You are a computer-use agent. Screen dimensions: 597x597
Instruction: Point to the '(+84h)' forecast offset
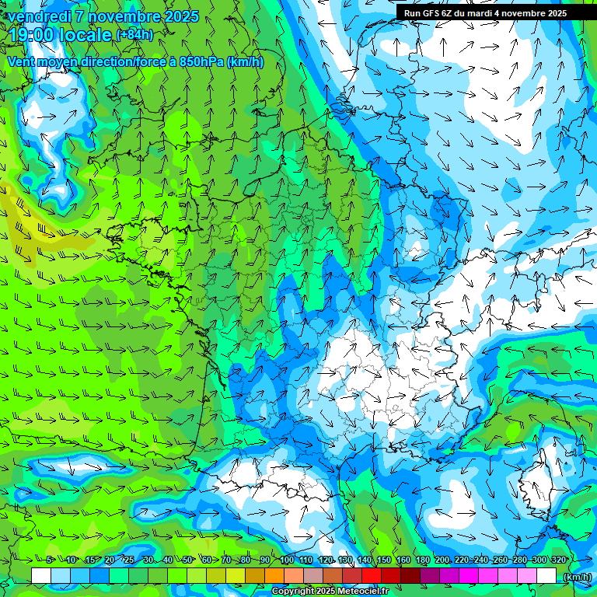pos(134,35)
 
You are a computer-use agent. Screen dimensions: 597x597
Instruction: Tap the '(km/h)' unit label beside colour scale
pos(576,577)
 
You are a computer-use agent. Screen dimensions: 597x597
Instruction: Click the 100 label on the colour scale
pos(287,560)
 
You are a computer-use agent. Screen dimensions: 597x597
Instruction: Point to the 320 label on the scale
pos(558,560)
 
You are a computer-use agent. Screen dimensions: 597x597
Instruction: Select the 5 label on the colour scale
pos(50,560)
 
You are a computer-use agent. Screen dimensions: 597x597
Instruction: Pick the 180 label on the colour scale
pos(422,560)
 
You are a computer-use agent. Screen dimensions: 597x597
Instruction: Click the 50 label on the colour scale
pos(188,560)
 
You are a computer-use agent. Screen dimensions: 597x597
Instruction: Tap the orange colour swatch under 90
pos(274,575)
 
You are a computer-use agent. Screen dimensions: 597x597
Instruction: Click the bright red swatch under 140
pos(372,575)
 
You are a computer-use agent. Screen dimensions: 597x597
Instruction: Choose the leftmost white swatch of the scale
pos(41,575)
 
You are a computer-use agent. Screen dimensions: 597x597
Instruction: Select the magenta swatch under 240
pos(469,575)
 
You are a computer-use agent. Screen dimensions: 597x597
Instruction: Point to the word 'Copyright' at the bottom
pos(294,592)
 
